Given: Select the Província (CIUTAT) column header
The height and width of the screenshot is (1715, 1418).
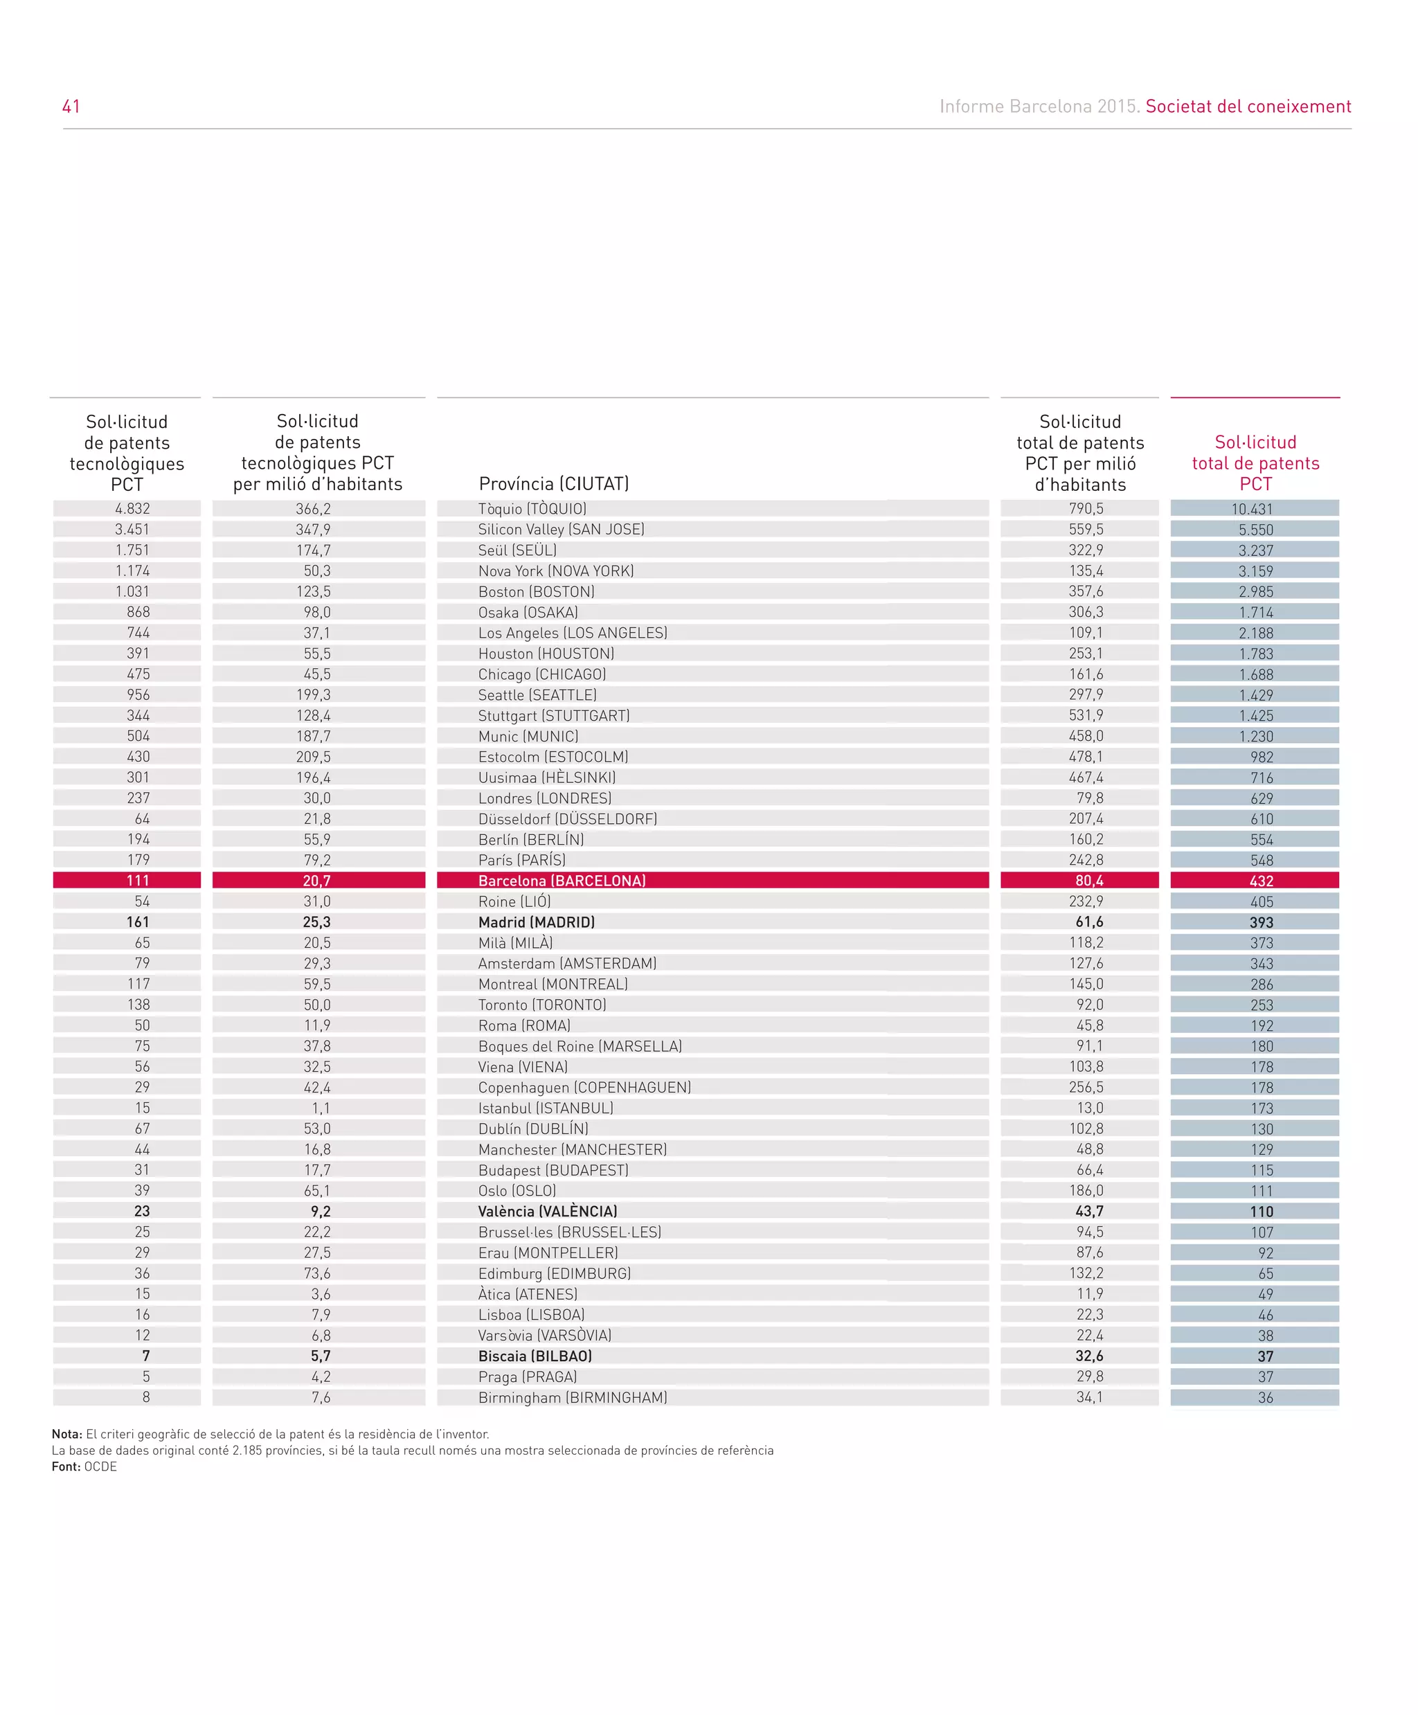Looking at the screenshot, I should pyautogui.click(x=554, y=483).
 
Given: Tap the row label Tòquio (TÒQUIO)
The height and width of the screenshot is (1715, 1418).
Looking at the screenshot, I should pyautogui.click(x=532, y=509).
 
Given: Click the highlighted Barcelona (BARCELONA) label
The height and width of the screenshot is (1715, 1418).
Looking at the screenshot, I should pyautogui.click(x=562, y=881).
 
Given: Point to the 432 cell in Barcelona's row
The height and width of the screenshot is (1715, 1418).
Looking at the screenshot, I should pyautogui.click(x=1261, y=881).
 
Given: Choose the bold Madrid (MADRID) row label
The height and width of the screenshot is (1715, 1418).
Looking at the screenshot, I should pyautogui.click(x=537, y=922).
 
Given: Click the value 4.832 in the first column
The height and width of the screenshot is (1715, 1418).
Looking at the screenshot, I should pyautogui.click(x=132, y=509).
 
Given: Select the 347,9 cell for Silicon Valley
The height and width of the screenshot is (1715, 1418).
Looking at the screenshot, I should pyautogui.click(x=313, y=529).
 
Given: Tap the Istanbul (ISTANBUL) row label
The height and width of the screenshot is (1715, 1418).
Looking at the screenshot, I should pyautogui.click(x=546, y=1108).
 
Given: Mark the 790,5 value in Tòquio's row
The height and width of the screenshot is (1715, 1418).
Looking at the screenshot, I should pyautogui.click(x=1086, y=509).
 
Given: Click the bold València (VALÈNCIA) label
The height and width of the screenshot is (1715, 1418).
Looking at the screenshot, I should pyautogui.click(x=547, y=1211).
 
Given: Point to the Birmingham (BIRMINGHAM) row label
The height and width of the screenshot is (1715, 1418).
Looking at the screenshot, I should pyautogui.click(x=573, y=1397).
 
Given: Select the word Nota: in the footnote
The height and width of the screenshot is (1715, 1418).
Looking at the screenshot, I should pyautogui.click(x=67, y=1434).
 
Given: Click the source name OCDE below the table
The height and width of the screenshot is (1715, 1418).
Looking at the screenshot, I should pyautogui.click(x=100, y=1466).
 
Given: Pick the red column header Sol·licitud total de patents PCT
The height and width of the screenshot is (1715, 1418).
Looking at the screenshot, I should pyautogui.click(x=1255, y=463).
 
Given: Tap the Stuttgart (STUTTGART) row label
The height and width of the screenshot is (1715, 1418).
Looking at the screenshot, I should pyautogui.click(x=554, y=715).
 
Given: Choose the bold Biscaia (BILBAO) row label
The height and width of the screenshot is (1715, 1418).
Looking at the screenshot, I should pyautogui.click(x=535, y=1356).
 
